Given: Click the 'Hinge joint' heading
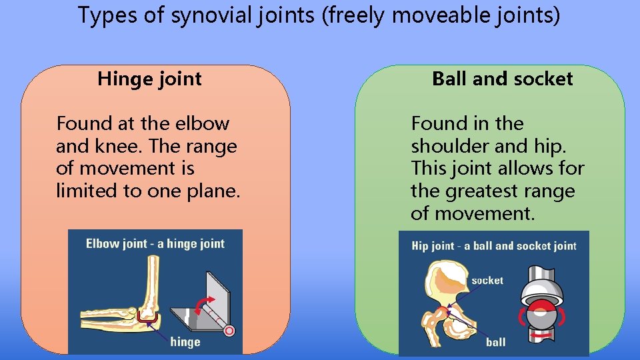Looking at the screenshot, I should [149, 79].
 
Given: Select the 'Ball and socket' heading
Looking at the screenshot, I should [502, 79].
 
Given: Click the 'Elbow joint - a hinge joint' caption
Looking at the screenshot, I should [155, 244].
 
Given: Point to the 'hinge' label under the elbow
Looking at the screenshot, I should [185, 342].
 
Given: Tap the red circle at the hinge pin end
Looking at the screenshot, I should [229, 329].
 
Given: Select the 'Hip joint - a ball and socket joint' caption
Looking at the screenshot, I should [493, 246].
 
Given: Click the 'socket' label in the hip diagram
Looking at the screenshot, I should [487, 281].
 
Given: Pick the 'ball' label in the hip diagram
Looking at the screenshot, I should [495, 342].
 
